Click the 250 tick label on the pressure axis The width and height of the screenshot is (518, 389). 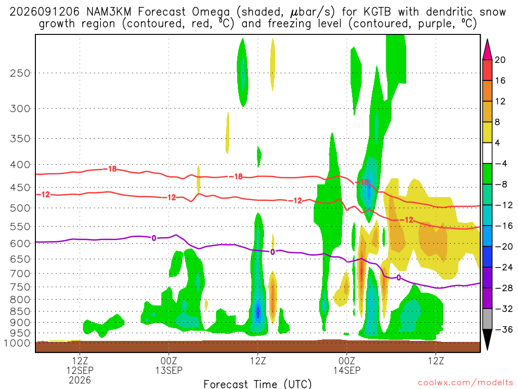click(20, 73)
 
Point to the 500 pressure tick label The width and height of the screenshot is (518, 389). click(20, 208)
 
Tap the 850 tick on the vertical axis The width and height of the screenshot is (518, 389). click(20, 312)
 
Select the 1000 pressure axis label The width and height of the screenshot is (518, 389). click(17, 343)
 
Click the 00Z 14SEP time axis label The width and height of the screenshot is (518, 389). click(347, 366)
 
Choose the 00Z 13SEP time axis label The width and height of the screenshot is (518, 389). click(169, 366)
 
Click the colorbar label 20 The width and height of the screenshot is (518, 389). click(500, 60)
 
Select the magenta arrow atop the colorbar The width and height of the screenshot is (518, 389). click(487, 50)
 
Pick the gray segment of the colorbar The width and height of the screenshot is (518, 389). click(487, 319)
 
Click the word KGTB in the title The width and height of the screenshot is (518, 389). click(377, 12)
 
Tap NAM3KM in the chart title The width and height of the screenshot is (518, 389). click(109, 12)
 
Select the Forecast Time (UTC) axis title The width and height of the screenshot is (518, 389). click(257, 384)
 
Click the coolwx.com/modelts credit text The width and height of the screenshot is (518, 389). click(465, 383)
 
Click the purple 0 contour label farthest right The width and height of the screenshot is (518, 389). click(399, 278)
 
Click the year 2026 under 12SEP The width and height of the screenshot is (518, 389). click(80, 380)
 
